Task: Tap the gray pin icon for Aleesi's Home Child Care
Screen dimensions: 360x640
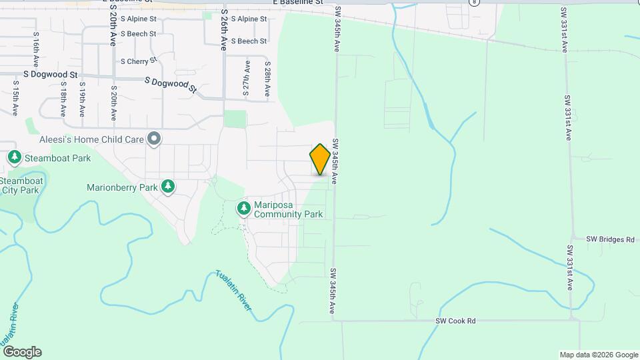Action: pos(155,139)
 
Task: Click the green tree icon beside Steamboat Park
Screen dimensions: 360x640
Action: pos(15,158)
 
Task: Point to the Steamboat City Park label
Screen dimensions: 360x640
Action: pos(20,185)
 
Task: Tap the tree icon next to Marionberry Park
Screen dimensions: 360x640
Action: pos(169,187)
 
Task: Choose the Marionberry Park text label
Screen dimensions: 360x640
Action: pos(122,187)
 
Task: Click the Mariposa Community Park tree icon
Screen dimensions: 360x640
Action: pos(244,209)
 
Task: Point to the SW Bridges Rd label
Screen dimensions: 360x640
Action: pos(610,239)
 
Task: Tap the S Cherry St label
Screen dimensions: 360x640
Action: pos(139,61)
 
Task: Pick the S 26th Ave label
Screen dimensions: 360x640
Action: pos(224,31)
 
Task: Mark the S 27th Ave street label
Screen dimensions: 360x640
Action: pos(247,79)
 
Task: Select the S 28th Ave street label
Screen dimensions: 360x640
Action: pos(267,79)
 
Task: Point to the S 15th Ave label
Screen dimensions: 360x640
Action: pos(15,98)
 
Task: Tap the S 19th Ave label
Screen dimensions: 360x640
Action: pos(82,99)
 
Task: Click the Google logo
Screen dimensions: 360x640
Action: pos(22,352)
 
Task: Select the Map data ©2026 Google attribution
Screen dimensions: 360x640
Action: pos(598,355)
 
